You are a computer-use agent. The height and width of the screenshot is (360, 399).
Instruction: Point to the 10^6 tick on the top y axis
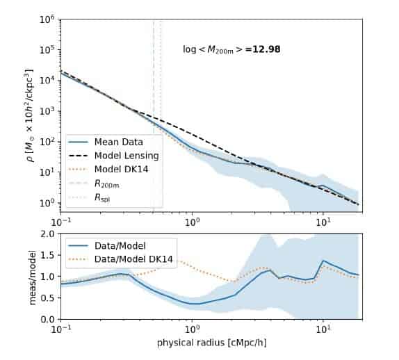click(x=47, y=19)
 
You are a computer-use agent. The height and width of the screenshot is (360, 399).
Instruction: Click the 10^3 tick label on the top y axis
click(x=47, y=111)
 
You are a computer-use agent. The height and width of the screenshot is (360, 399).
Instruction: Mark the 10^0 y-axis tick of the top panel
click(x=47, y=203)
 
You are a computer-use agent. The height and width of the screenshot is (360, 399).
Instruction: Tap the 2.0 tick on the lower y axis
click(x=46, y=234)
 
